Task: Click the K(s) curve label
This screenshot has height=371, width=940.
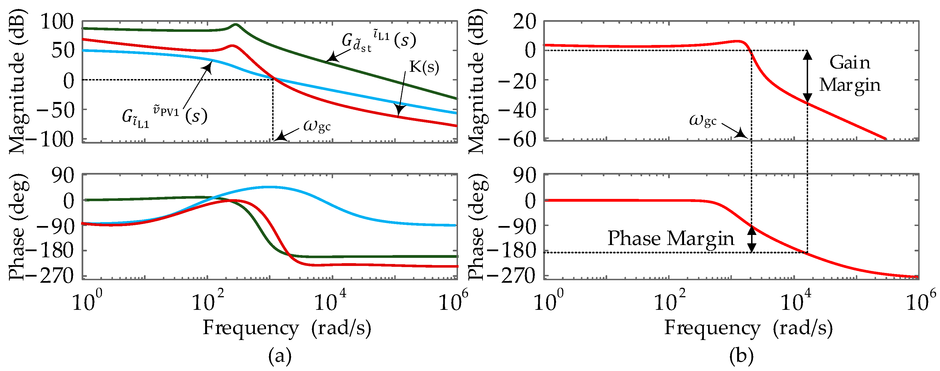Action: [424, 67]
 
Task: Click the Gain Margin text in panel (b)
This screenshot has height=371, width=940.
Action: [849, 74]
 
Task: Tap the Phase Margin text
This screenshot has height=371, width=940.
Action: [671, 239]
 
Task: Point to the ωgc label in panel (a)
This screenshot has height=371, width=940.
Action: [317, 126]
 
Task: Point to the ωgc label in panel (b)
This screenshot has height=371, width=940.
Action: [702, 120]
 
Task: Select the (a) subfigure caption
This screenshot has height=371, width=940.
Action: [280, 356]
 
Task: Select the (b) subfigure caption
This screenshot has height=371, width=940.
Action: [741, 356]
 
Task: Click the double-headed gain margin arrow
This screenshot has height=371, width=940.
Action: [808, 77]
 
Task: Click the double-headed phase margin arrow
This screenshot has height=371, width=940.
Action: [751, 239]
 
